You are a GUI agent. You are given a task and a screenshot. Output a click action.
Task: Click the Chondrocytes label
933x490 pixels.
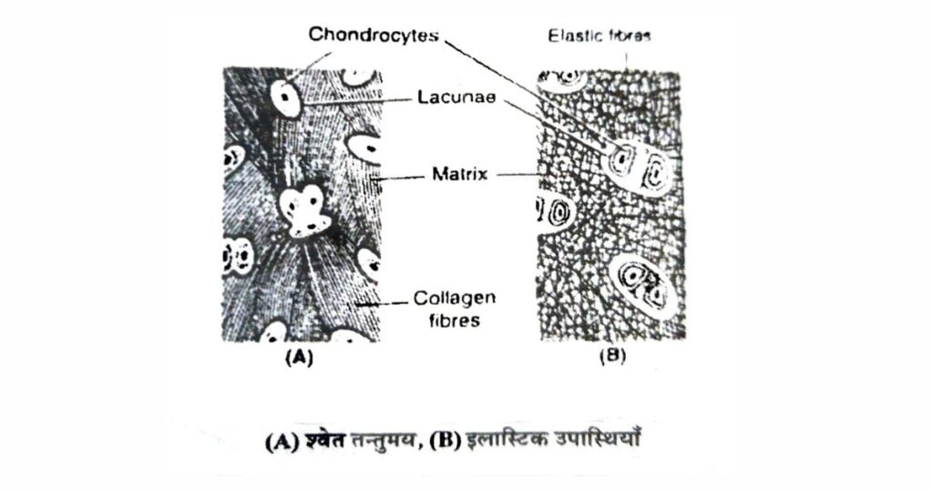point(374,35)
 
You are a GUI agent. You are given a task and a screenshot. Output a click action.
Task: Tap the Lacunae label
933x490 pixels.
point(456,97)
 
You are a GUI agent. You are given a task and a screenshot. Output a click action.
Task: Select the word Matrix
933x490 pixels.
point(459,174)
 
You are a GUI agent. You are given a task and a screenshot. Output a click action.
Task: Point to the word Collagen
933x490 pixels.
point(455,298)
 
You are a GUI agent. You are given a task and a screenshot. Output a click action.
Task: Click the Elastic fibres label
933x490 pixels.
point(600,36)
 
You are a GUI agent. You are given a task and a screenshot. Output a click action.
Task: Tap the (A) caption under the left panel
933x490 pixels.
point(299,357)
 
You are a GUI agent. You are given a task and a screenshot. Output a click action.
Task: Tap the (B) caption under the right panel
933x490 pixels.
point(613,356)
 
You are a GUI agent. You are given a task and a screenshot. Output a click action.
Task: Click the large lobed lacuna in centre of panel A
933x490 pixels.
point(305,211)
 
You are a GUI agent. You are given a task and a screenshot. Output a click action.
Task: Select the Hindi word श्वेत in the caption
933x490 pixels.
point(325,441)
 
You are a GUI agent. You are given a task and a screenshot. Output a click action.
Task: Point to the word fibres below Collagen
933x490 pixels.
point(455,321)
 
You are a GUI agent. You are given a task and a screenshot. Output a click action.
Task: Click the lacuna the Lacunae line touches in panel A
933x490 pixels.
point(285,98)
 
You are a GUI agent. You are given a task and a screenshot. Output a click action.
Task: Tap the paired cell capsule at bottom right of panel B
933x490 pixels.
point(641,283)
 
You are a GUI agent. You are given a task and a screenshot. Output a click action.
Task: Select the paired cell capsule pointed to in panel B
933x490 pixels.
point(634,168)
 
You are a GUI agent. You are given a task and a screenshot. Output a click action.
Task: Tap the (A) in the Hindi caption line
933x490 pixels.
point(282,443)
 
